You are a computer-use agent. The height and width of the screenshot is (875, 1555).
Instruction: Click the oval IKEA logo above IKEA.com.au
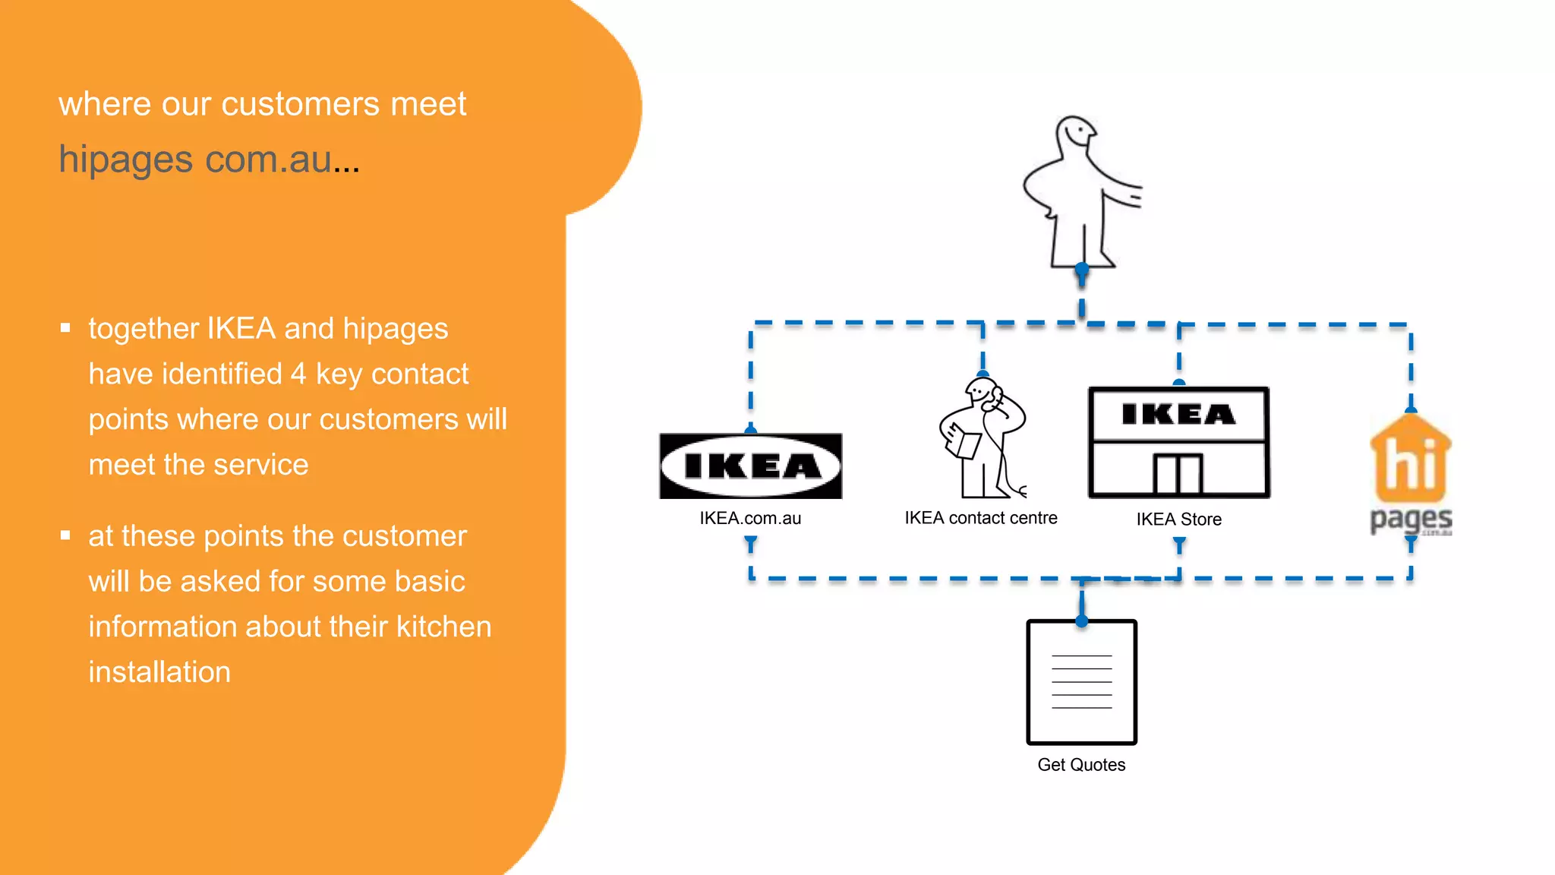point(750,466)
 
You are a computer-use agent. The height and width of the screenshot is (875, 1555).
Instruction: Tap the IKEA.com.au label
point(750,518)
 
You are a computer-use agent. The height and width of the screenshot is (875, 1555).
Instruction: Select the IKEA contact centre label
point(980,518)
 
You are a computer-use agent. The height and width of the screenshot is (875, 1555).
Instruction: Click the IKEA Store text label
point(1178,520)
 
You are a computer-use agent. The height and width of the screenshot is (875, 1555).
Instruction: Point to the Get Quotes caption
point(1081,765)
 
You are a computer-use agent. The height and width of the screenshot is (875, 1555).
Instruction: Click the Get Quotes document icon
point(1081,682)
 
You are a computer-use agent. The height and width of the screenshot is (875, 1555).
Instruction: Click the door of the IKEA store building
point(1178,474)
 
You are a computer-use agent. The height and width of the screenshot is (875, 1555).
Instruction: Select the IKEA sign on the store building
point(1178,415)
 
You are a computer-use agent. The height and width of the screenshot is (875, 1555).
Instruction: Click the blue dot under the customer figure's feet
point(1082,269)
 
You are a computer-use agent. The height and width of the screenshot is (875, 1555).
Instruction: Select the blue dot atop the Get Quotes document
point(1082,621)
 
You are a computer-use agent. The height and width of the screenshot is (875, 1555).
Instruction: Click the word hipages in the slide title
point(126,160)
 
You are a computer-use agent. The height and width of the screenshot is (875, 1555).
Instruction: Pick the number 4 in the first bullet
point(298,374)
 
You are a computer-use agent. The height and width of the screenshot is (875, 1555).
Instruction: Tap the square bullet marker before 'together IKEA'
point(65,328)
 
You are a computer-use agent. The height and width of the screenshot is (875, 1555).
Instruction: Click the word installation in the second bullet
point(159,672)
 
